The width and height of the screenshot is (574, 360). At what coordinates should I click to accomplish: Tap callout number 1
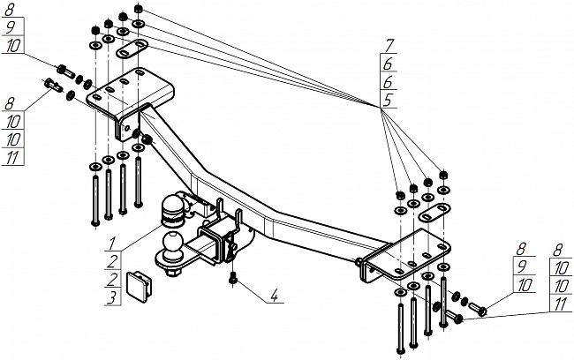(x=113, y=241)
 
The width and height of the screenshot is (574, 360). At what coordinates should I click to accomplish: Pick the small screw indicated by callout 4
(x=232, y=280)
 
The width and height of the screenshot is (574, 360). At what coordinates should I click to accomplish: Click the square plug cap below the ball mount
(x=143, y=281)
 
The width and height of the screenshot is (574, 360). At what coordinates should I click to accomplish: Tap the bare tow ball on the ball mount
(x=172, y=244)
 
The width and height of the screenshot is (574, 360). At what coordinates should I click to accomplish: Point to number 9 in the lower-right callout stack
(x=524, y=266)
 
